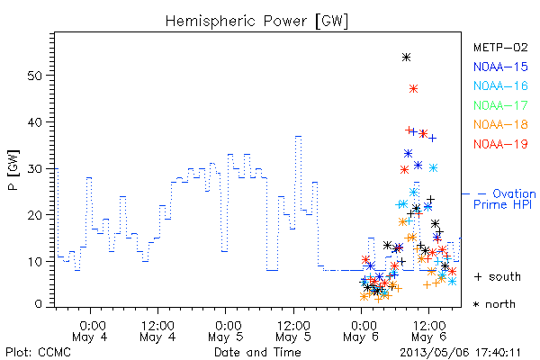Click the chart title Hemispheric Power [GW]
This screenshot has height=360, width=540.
click(x=256, y=21)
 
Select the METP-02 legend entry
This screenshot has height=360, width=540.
click(x=500, y=47)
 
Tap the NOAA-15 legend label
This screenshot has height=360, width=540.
click(x=500, y=67)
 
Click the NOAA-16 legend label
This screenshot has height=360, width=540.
click(x=500, y=85)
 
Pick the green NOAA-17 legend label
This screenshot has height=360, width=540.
click(x=500, y=105)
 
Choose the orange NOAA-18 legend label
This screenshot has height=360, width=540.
click(x=500, y=124)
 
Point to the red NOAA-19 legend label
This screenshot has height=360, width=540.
click(x=500, y=144)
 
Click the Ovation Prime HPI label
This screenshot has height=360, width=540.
click(x=505, y=199)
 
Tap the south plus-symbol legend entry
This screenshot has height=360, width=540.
click(x=498, y=276)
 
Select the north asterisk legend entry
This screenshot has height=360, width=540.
click(x=494, y=304)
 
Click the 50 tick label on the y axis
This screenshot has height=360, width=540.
click(x=35, y=76)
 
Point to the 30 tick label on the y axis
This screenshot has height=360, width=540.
click(x=35, y=168)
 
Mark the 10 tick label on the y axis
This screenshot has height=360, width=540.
click(x=35, y=262)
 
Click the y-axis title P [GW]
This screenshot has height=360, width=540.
click(x=13, y=170)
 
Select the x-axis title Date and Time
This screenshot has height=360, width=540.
click(x=257, y=352)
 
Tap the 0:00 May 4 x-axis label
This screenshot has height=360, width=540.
click(x=90, y=331)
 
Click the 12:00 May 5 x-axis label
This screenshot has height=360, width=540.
click(x=293, y=331)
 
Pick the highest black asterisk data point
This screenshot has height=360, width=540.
click(x=407, y=58)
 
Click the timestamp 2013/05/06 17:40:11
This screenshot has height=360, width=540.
click(x=461, y=353)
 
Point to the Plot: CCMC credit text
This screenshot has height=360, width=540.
click(x=38, y=353)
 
